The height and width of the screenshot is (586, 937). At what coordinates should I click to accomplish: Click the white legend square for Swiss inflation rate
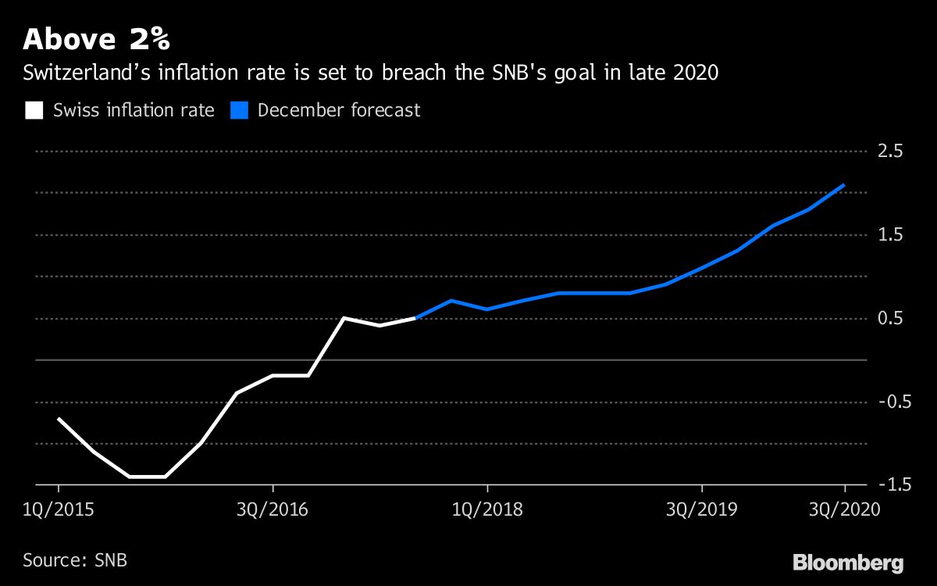34,110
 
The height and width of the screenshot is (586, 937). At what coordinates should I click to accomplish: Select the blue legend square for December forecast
240,110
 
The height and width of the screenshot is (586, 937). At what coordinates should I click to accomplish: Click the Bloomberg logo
848,562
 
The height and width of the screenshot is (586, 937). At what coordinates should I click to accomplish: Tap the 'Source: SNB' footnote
75,560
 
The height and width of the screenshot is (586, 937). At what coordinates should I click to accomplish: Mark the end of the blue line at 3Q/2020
844,185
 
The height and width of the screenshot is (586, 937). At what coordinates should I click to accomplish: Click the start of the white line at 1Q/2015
59,419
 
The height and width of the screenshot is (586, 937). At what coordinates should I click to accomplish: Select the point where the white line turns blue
415,318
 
